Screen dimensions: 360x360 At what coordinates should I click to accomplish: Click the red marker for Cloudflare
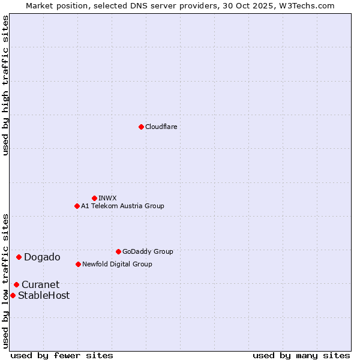pos(141,127)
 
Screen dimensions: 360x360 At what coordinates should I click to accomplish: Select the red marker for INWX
pos(94,198)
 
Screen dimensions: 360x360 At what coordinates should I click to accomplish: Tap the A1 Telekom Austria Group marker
pos(77,206)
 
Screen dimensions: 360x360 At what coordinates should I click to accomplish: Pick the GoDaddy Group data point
pos(118,251)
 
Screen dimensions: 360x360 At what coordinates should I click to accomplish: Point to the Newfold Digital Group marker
pos(78,264)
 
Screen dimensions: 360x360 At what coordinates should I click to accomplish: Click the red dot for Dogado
pos(19,257)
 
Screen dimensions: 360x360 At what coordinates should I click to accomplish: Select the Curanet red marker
pos(16,284)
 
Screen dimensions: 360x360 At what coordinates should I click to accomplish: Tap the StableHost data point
pos(13,295)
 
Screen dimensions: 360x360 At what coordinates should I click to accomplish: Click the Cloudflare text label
pos(161,127)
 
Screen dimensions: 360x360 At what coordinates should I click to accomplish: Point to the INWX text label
pos(107,198)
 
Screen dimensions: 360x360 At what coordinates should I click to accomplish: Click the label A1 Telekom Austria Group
pos(122,206)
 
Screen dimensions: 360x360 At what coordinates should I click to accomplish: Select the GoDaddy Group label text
pos(148,251)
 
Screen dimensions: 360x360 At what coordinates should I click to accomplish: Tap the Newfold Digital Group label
pos(117,264)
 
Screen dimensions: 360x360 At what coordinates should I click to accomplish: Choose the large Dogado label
pos(42,257)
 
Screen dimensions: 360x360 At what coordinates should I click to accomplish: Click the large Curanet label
pos(40,285)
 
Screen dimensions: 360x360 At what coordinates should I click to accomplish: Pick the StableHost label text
pos(44,295)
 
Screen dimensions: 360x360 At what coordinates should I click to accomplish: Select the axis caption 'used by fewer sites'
pos(62,355)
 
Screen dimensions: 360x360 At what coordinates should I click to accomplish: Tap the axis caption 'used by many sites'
pos(301,355)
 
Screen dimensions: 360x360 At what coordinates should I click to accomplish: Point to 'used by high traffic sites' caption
pos(5,85)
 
